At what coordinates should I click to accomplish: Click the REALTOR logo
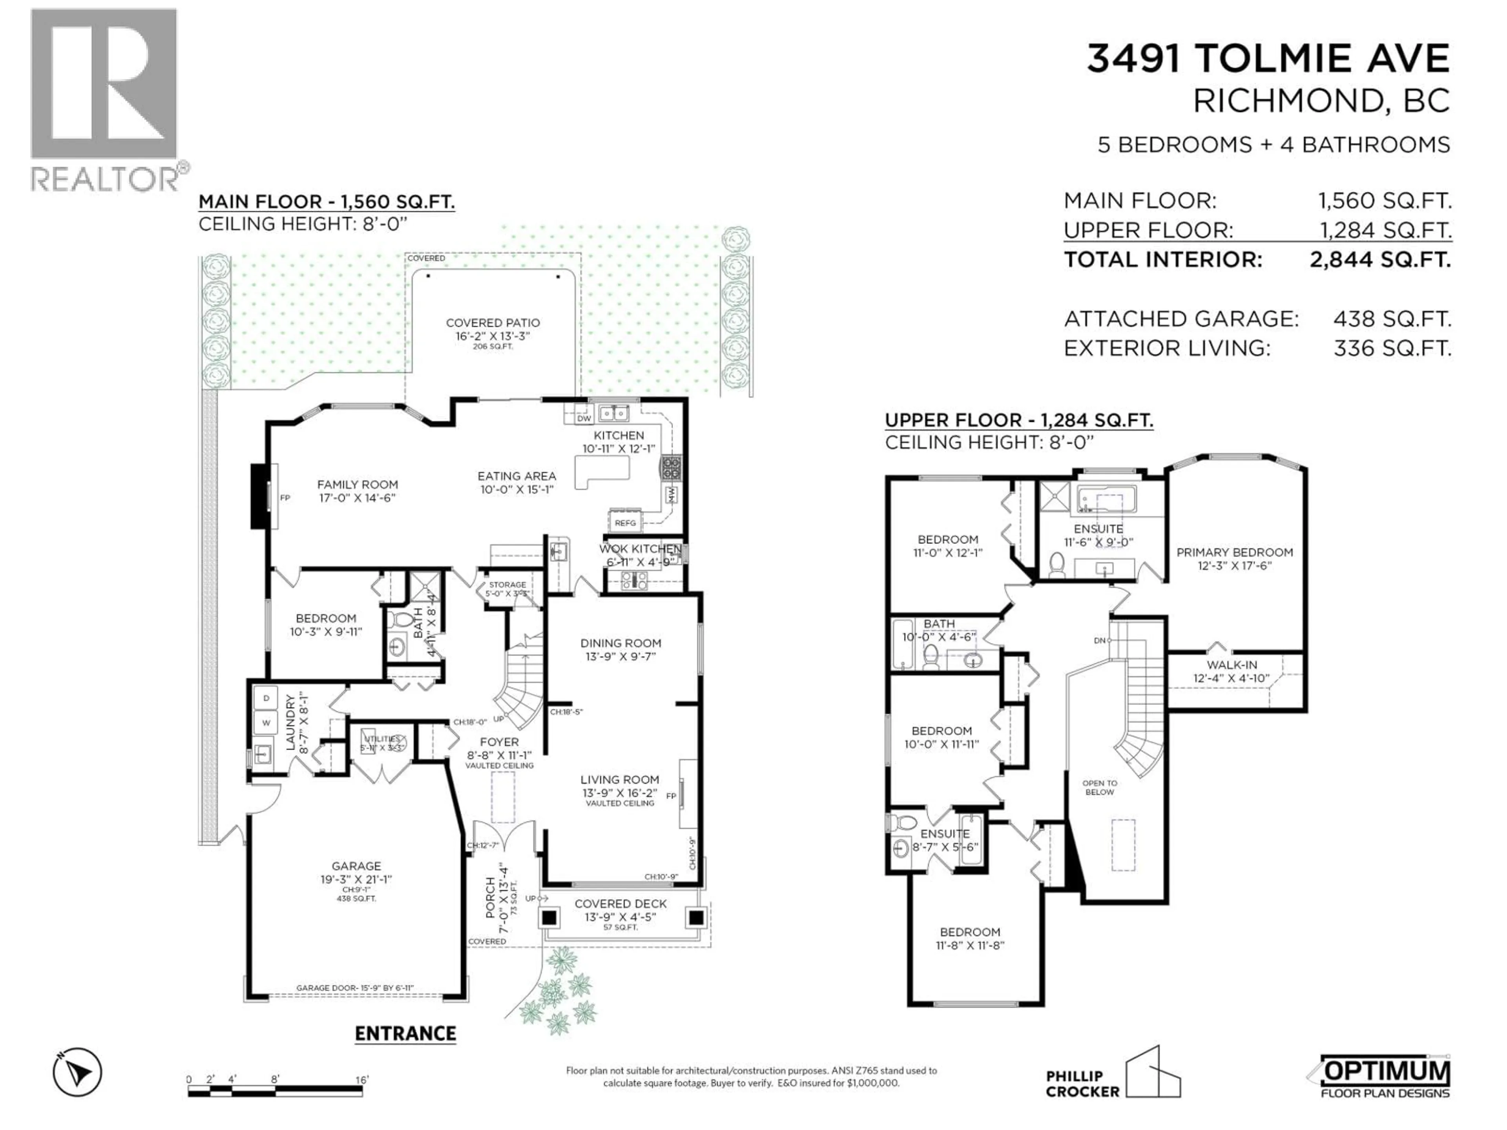(x=106, y=99)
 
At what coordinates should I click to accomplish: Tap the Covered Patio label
(x=493, y=323)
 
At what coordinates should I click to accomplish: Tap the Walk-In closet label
(x=1232, y=665)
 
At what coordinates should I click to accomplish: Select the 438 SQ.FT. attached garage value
(x=1392, y=319)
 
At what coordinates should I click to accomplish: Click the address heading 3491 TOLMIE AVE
(x=1268, y=58)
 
